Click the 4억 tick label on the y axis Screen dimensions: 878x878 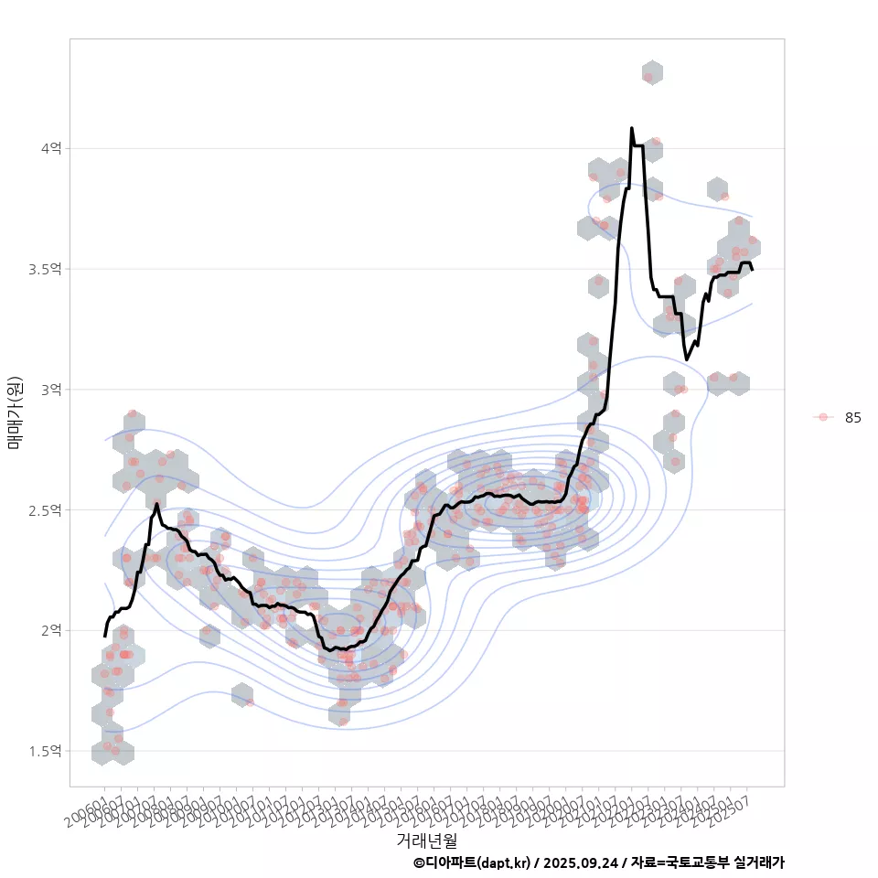51,148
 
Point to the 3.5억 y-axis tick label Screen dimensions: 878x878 46,269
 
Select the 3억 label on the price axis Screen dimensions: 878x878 51,390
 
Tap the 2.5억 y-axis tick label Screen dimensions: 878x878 46,509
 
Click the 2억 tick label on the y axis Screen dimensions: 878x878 51,630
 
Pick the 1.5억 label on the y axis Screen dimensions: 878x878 46,751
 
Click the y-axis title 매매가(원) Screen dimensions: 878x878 15,412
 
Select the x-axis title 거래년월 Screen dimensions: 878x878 427,840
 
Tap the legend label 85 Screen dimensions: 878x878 853,417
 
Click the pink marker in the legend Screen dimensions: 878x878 823,417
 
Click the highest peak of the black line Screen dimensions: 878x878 632,129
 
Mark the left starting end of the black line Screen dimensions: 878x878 105,636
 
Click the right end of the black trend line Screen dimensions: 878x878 752,269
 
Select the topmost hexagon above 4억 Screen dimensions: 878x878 652,73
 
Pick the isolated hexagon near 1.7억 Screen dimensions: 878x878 242,695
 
